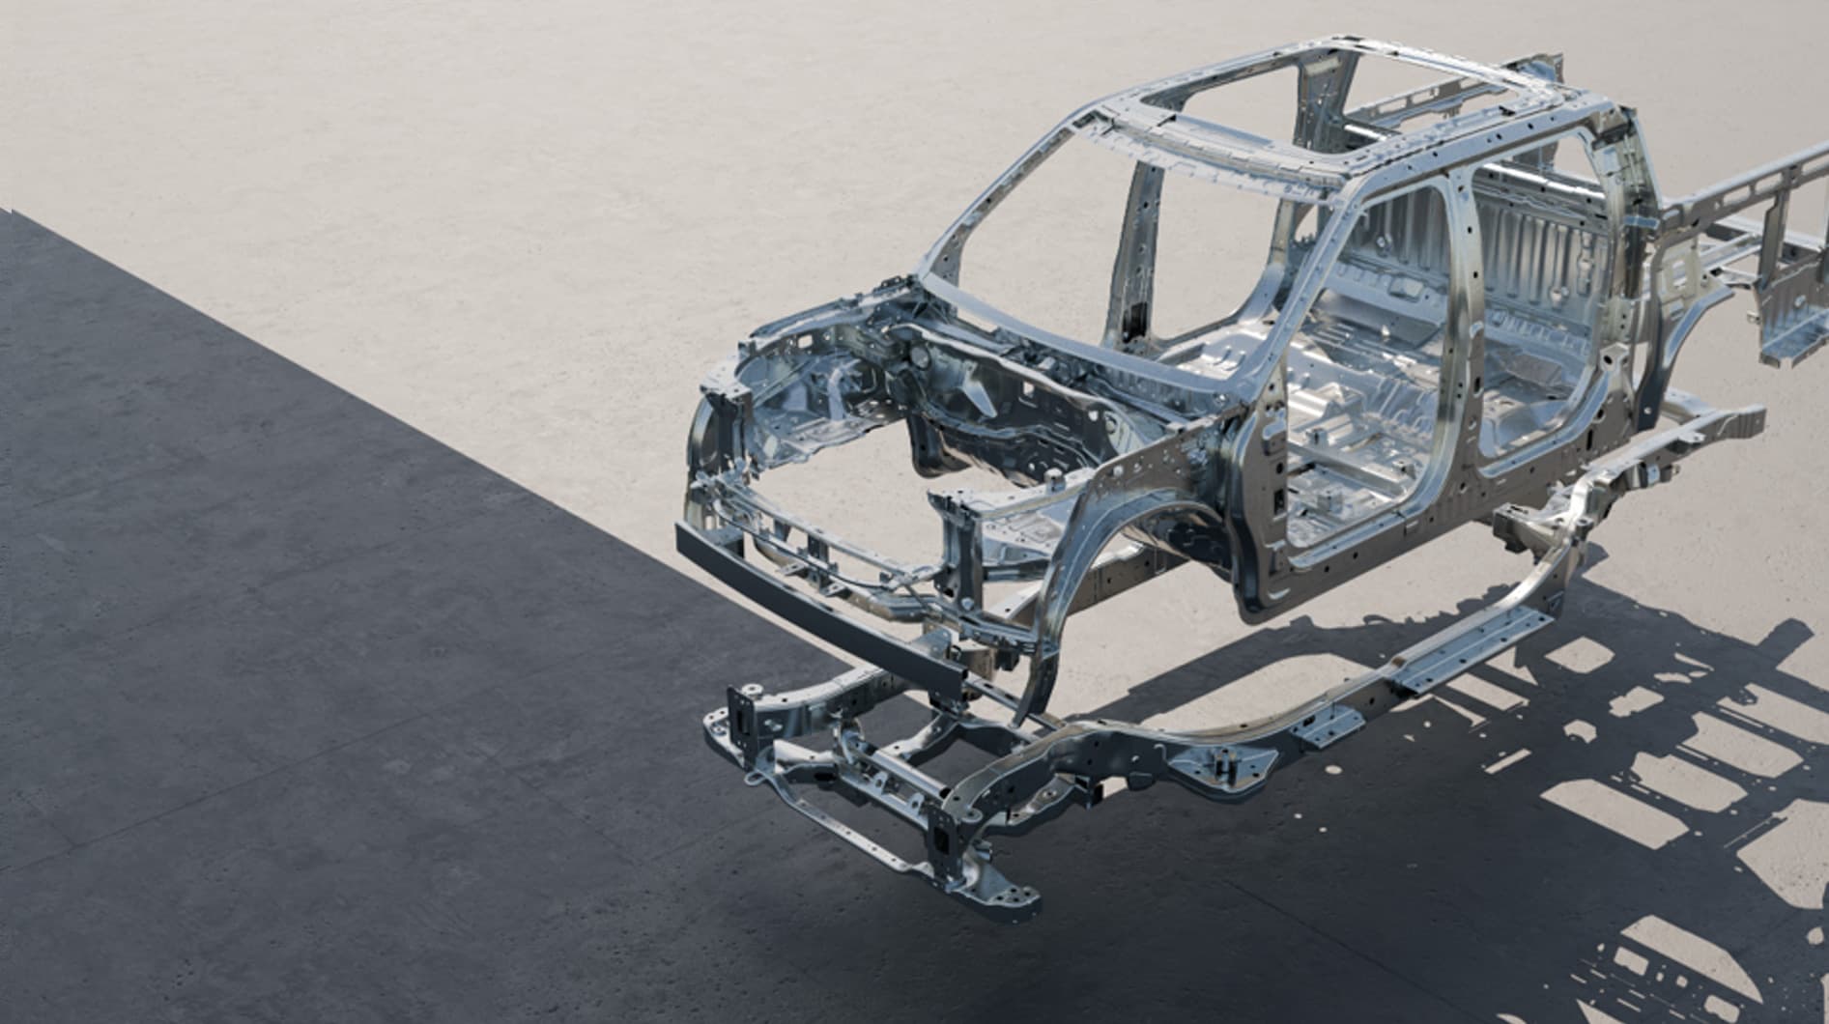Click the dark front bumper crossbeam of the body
point(821,609)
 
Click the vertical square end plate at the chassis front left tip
point(742,710)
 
